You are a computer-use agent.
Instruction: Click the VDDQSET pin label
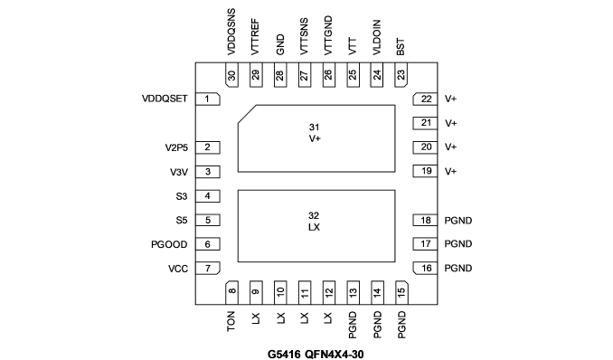[x=165, y=99]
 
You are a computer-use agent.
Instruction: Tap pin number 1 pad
[x=208, y=99]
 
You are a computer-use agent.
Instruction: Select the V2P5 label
[x=176, y=147]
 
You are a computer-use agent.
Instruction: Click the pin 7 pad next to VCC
[x=208, y=269]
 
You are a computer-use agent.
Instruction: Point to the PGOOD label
[x=169, y=244]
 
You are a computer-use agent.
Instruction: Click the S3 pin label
[x=182, y=196]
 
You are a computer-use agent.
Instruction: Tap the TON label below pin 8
[x=231, y=321]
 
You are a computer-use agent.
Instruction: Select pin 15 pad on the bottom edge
[x=401, y=292]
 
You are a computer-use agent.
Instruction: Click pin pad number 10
[x=280, y=292]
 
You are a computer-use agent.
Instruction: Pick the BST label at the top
[x=401, y=47]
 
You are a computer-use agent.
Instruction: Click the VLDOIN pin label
[x=376, y=38]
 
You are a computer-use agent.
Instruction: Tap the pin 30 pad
[x=231, y=75]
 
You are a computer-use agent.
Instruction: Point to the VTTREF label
[x=255, y=37]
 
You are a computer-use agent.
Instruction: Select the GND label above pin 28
[x=280, y=44]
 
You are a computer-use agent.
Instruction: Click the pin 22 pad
[x=425, y=99]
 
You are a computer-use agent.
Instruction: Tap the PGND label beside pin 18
[x=458, y=221]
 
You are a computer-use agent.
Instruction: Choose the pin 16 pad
[x=425, y=269]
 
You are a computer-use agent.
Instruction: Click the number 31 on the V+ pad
[x=315, y=128]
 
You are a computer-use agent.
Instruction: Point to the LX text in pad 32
[x=315, y=227]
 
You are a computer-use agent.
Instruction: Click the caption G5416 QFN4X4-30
[x=316, y=355]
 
